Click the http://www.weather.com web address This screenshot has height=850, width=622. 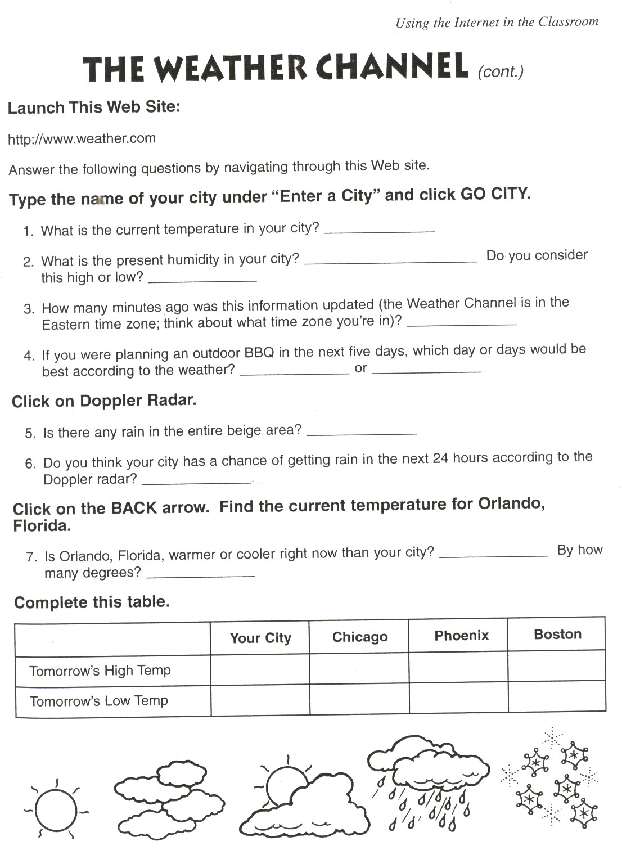[x=82, y=139]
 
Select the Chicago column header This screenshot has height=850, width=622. [x=360, y=637]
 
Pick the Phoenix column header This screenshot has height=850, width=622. [x=461, y=636]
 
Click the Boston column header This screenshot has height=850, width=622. [x=557, y=635]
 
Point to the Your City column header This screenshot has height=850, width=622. [x=260, y=638]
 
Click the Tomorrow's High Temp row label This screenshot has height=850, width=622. [x=100, y=671]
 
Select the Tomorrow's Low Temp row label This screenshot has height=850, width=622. [x=99, y=701]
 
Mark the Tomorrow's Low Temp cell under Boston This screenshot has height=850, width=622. [x=557, y=698]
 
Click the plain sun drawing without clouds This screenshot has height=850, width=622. [x=55, y=808]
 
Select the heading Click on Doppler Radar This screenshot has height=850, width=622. [x=104, y=401]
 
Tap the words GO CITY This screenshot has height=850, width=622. [x=494, y=194]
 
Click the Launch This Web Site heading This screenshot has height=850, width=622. [x=94, y=107]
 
